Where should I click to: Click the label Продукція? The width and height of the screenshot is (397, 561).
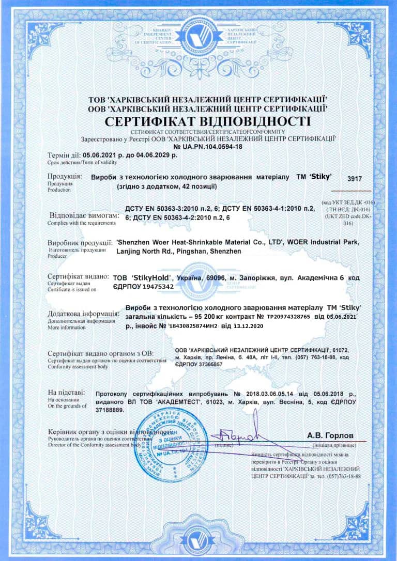[64, 176]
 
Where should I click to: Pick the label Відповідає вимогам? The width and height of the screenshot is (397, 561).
[81, 214]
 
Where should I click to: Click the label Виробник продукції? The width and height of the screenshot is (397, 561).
[80, 241]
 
